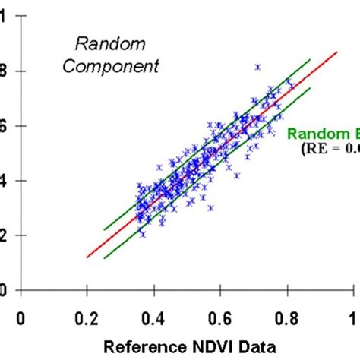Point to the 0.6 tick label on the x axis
pos(221,317)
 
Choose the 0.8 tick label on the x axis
pos(288,317)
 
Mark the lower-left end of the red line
pos(87,257)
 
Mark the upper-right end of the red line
pos(337,52)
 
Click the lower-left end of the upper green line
pos(104,229)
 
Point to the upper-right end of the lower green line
pos(311,88)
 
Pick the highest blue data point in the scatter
pos(257,68)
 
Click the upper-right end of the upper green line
pos(311,59)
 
